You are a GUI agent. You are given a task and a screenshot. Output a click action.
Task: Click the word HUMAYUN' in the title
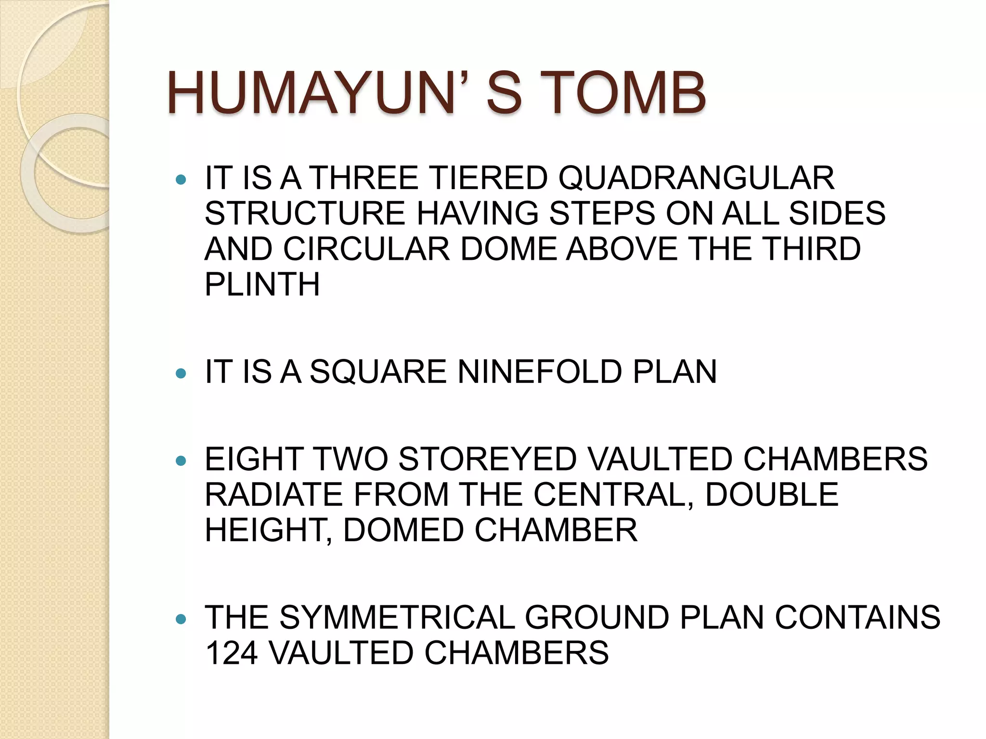pos(318,92)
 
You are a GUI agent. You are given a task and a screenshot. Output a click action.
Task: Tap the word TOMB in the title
pos(626,92)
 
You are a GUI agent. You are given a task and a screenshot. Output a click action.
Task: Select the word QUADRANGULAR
pos(696,178)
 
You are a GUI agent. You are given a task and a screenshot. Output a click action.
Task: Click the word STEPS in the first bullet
pos(602,213)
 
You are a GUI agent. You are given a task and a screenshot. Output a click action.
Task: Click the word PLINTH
pos(262,284)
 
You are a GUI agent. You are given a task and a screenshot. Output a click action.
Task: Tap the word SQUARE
pos(378,372)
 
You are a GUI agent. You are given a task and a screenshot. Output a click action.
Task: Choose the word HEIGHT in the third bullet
pos(268,530)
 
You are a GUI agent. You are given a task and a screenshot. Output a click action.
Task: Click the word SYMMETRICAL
pos(397,617)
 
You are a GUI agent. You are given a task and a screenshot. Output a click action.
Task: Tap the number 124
pos(232,653)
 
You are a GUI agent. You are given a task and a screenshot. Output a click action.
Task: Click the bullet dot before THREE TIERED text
pos(181,180)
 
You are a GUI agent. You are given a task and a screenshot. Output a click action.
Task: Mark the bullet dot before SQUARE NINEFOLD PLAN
pos(181,374)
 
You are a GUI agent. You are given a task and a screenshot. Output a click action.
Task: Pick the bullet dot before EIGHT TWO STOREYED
pos(181,461)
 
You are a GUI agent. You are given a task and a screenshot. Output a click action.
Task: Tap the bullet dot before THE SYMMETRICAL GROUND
pos(181,619)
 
